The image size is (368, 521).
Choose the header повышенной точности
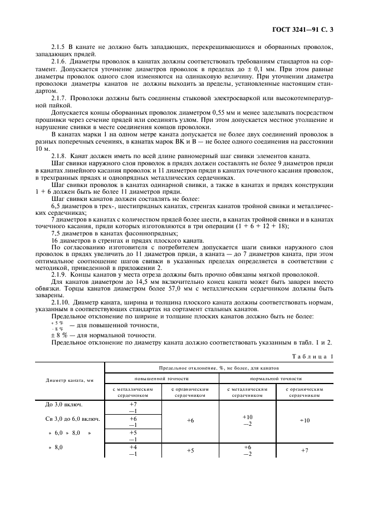[160, 378]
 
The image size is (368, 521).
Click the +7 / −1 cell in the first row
[133, 407]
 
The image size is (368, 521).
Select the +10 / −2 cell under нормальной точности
[247, 420]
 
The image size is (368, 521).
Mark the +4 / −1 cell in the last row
[133, 450]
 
